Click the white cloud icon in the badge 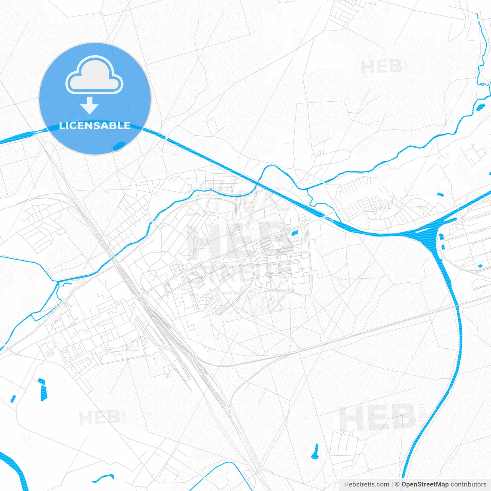(94, 75)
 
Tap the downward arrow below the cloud (90, 105)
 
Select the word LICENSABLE (95, 125)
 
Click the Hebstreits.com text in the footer (366, 484)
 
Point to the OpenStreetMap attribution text (425, 484)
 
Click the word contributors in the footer (468, 484)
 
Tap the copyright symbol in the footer (397, 484)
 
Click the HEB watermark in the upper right (381, 67)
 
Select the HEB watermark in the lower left (99, 418)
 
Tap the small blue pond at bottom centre (315, 451)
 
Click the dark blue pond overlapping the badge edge (119, 146)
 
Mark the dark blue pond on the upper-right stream (480, 107)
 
